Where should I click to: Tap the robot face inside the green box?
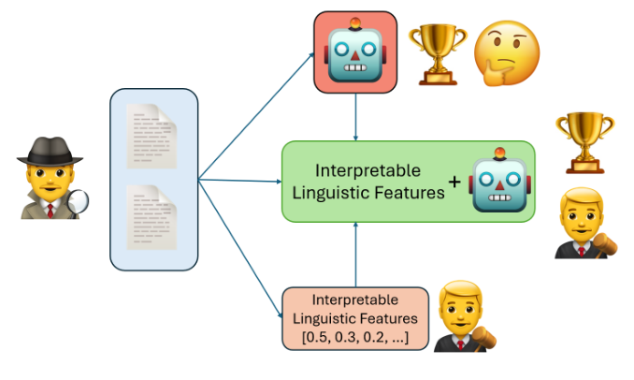(x=500, y=181)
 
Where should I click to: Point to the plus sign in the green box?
(x=455, y=183)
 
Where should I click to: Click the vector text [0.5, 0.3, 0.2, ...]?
(x=355, y=335)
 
